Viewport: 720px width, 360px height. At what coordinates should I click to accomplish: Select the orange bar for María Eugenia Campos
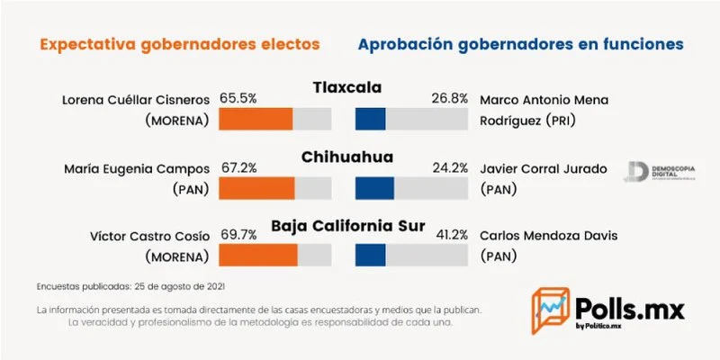pyautogui.click(x=256, y=187)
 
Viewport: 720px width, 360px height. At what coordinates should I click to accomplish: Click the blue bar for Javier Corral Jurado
pyautogui.click(x=369, y=187)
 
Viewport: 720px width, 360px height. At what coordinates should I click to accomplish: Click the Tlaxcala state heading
pyautogui.click(x=347, y=87)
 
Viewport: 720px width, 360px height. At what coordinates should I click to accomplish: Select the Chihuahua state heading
pyautogui.click(x=347, y=157)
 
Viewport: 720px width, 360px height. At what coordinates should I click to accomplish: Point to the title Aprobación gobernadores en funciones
pyautogui.click(x=520, y=43)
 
